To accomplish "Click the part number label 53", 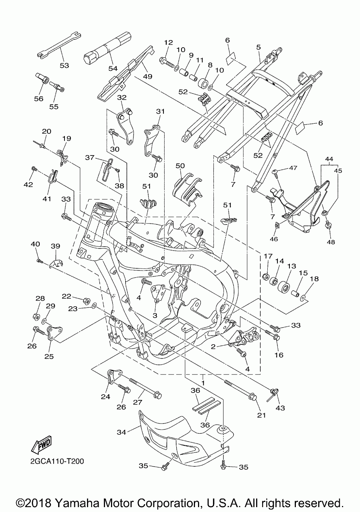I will point(64,66).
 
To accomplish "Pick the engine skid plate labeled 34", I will point(180,435).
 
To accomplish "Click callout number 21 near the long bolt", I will point(261,415).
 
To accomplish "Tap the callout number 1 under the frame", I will point(203,383).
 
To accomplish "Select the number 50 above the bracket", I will point(180,166).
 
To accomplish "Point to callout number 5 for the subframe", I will point(258,47).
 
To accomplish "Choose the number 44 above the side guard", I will point(328,159).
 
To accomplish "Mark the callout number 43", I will point(280,408).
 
